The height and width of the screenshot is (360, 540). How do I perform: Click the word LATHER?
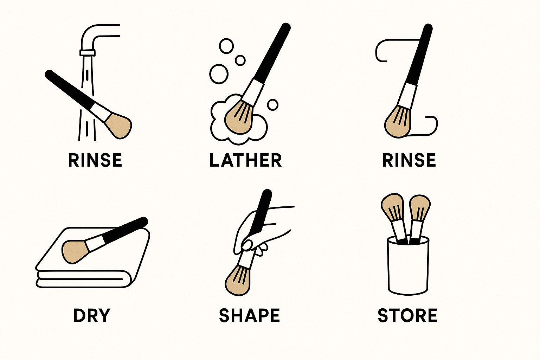(x=245, y=160)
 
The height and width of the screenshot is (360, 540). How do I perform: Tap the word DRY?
(x=92, y=315)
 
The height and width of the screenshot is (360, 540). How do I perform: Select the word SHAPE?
(x=249, y=315)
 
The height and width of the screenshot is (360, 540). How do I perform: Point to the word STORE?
(x=407, y=315)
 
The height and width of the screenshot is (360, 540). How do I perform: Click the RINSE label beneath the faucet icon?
(x=95, y=160)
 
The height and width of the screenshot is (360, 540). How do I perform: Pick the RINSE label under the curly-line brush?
(x=409, y=160)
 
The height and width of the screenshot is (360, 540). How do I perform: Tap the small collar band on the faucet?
(x=88, y=53)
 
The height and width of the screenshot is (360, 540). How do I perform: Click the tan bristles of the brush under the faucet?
(x=118, y=124)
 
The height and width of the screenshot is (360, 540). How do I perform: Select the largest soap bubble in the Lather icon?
(x=219, y=74)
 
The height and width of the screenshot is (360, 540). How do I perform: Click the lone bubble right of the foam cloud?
(x=272, y=104)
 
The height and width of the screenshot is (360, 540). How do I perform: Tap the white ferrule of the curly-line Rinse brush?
(x=409, y=94)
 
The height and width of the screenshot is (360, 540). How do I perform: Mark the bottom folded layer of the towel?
(x=81, y=282)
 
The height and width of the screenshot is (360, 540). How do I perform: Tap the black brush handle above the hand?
(x=264, y=207)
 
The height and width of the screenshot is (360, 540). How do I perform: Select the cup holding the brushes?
(x=408, y=267)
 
